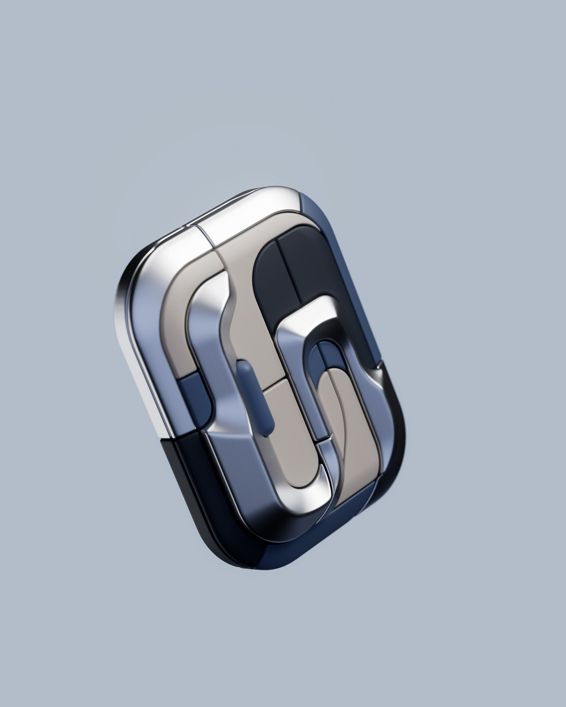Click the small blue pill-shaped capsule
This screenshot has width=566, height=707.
pyautogui.click(x=255, y=398)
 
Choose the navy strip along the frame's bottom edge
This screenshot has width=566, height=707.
pyautogui.click(x=307, y=549)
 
